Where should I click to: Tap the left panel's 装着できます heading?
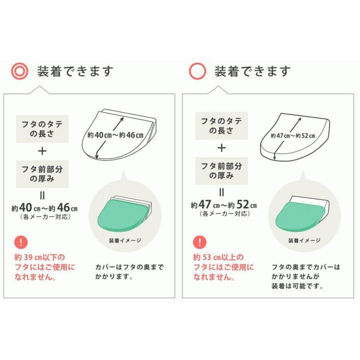(75, 71)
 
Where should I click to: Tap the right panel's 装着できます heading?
(252, 71)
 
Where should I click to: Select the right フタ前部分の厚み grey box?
(222, 170)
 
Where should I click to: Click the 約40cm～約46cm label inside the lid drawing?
(116, 135)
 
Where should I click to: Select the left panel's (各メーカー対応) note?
(44, 216)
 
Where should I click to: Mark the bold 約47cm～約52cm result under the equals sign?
(223, 205)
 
